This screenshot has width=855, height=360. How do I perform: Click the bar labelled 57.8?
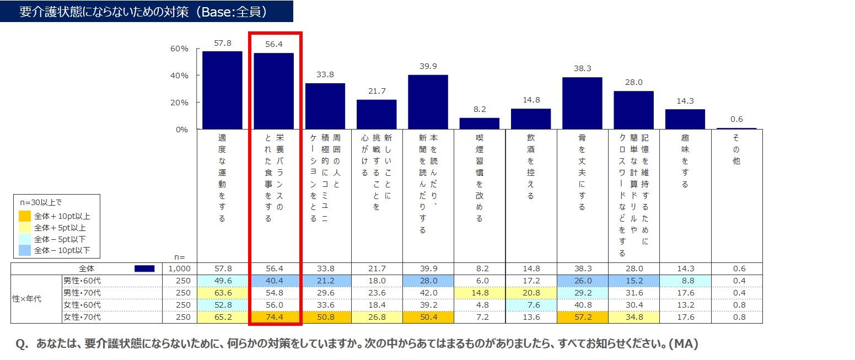[222, 90]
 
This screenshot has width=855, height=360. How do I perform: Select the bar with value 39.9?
[428, 102]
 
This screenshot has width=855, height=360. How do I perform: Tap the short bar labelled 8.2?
[479, 123]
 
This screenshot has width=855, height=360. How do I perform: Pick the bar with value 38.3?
[582, 103]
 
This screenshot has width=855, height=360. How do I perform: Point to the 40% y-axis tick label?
[179, 76]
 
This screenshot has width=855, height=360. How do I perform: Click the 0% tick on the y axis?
[181, 130]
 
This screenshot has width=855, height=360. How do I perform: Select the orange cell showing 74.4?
[274, 317]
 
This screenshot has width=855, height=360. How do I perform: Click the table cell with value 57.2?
[582, 317]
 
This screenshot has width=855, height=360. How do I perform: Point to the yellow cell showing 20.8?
[530, 293]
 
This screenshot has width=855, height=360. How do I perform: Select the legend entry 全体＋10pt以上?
[62, 216]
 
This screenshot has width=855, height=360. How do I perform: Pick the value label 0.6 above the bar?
[736, 119]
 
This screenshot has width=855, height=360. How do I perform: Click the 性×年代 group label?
[26, 299]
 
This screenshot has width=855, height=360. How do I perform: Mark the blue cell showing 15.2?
[633, 281]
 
